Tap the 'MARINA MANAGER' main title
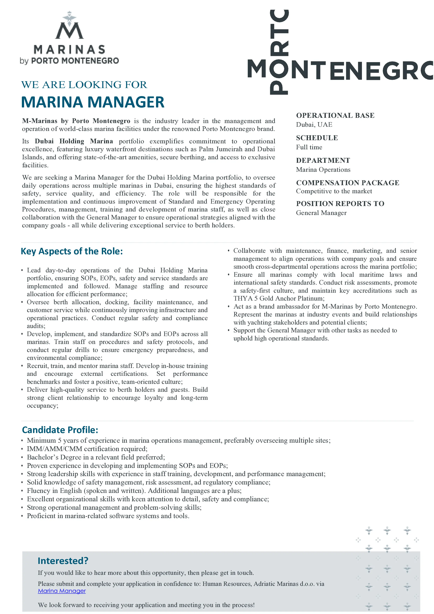click(x=93, y=102)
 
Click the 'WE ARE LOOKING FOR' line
click(x=84, y=85)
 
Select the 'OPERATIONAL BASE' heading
click(x=335, y=115)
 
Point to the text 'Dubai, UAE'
click(x=314, y=125)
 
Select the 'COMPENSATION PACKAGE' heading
click(x=347, y=183)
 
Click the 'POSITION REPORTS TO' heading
click(x=340, y=204)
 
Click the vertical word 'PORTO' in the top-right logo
click(x=279, y=52)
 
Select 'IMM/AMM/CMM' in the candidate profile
click(x=55, y=449)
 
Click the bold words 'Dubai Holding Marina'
click(x=74, y=141)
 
